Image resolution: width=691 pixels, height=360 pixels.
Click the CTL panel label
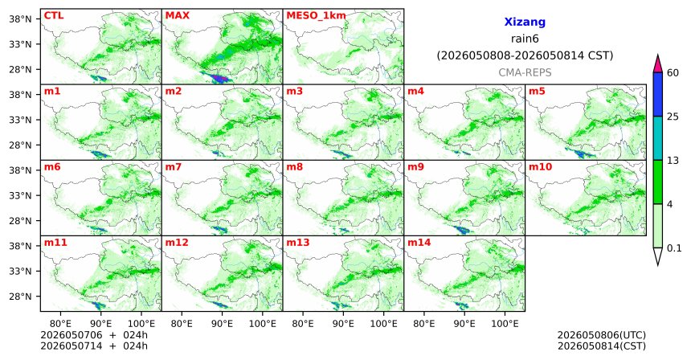pos(54,16)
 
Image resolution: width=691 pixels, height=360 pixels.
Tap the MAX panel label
pos(177,16)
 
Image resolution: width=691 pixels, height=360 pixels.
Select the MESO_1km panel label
pos(316,16)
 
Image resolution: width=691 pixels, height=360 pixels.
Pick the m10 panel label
pos(540,167)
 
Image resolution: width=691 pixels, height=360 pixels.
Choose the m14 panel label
pos(419,243)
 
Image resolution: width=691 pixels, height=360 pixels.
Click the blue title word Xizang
pos(525,22)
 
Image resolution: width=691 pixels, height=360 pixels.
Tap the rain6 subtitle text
pos(525,39)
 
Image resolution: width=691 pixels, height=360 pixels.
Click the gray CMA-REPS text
pos(525,72)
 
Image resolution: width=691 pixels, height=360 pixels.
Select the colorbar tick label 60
pos(673,72)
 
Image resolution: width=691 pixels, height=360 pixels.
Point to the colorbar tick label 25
pos(673,117)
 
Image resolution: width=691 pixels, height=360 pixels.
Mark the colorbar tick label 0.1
pos(674,248)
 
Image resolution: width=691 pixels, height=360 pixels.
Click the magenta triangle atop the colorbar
pos(658,64)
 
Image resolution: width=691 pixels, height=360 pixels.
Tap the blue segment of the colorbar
pos(658,94)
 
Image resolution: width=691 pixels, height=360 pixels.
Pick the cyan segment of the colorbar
pos(658,138)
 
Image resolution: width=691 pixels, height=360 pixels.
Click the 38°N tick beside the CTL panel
pos(20,19)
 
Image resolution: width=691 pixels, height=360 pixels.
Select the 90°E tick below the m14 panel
pos(464,325)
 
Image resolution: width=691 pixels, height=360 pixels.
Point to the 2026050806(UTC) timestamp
pos(602,335)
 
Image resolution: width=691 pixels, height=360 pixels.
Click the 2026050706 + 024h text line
pos(94,335)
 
